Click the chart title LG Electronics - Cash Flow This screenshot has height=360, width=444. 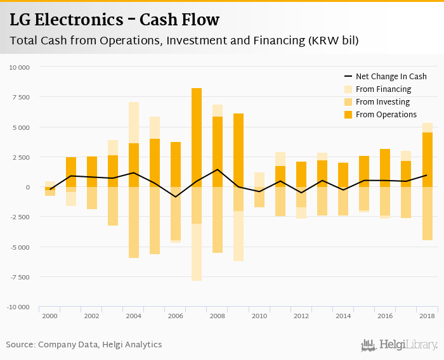[x=114, y=20]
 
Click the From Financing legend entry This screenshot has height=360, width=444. [x=383, y=89]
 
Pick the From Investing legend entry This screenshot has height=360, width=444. [x=382, y=102]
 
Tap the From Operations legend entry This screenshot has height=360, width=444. [x=386, y=115]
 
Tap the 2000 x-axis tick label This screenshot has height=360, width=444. [x=49, y=316]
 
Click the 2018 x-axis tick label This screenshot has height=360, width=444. [x=426, y=316]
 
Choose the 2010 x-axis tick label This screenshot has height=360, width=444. [x=259, y=316]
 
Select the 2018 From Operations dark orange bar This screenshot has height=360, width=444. [x=427, y=160]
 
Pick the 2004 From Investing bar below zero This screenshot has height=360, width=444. [x=134, y=222]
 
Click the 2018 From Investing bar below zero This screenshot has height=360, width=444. [x=427, y=214]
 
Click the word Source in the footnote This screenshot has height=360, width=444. [x=20, y=345]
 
